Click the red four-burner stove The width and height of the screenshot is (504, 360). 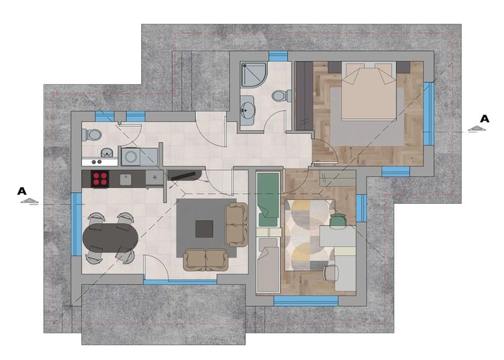coord(100,179)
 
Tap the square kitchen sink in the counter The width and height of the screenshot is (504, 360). coord(126,180)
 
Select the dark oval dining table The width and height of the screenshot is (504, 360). coord(111,238)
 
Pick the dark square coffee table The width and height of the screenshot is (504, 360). coord(204,228)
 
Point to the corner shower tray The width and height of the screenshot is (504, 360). coord(253,75)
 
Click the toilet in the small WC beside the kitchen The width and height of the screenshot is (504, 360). coord(91,135)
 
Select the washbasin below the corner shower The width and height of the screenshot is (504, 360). coord(248,110)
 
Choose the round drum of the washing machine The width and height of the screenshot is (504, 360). coord(131,157)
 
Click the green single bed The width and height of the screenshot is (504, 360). coord(268,199)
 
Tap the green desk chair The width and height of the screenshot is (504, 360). coord(337,220)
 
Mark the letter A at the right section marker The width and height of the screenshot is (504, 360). coord(485,119)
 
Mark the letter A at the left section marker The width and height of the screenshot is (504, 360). coord(22,192)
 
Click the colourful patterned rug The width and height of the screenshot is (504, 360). coord(310,235)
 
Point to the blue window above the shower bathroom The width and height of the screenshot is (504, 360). coord(278,56)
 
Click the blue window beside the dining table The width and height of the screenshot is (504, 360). coord(76,224)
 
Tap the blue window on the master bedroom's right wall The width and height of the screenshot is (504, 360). coord(428,114)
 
